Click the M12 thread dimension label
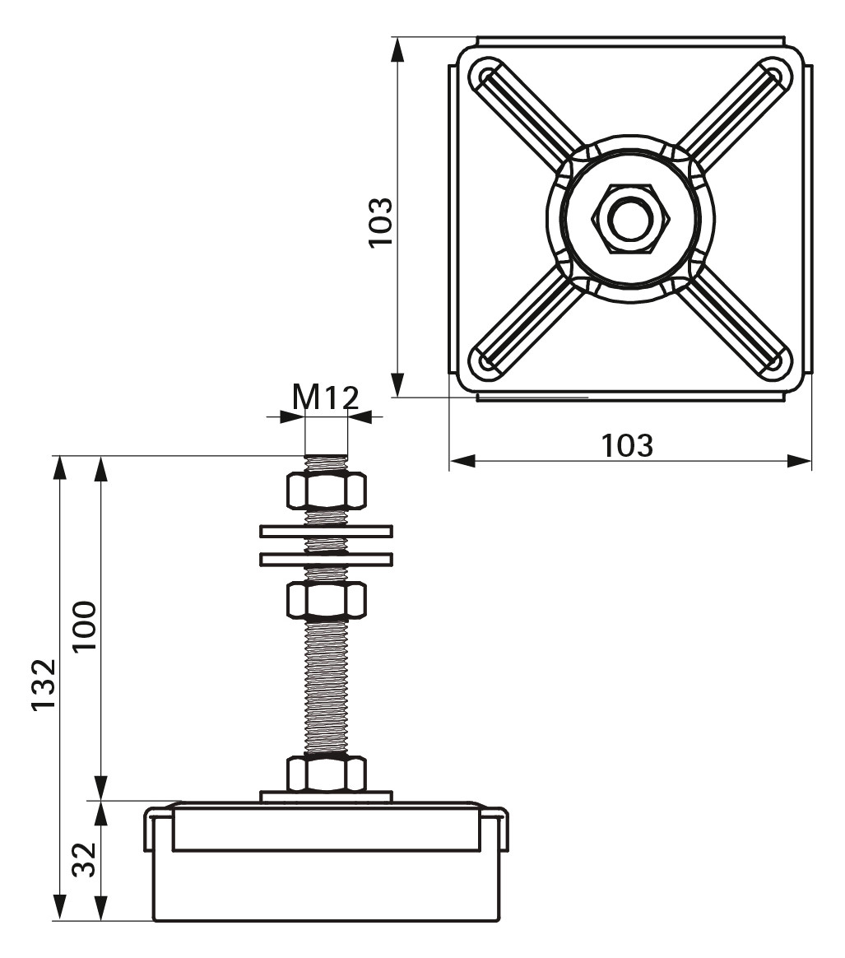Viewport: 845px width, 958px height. (326, 398)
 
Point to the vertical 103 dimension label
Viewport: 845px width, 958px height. (381, 222)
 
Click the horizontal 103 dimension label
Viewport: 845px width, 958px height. (627, 445)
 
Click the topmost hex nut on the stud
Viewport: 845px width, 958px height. (326, 490)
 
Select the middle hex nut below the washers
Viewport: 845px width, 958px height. (326, 600)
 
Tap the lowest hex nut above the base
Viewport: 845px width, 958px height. (326, 773)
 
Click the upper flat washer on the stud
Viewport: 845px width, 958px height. (326, 532)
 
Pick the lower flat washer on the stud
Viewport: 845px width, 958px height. (326, 559)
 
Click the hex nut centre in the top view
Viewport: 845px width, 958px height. (630, 217)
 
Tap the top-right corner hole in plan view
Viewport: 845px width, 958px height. (774, 74)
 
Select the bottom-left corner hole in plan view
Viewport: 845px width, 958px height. (485, 362)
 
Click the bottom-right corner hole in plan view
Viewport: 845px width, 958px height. (773, 361)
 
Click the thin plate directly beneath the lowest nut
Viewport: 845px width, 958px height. (326, 796)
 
